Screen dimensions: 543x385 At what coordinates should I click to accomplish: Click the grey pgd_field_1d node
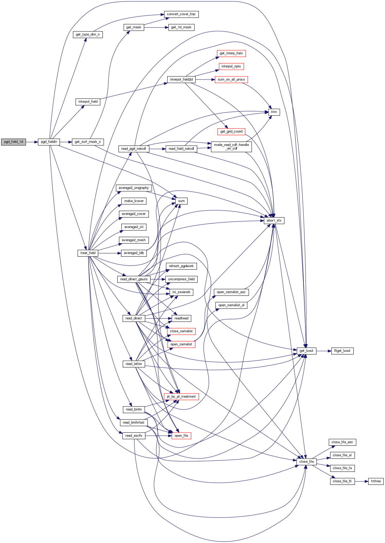[13, 142]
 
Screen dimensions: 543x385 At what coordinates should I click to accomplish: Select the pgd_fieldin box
[49, 142]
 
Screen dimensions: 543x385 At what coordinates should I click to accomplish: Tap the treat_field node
[88, 253]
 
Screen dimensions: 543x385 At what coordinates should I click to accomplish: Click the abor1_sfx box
[274, 221]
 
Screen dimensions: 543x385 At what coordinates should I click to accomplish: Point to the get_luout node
[306, 351]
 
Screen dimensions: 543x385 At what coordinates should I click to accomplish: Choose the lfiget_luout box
[342, 351]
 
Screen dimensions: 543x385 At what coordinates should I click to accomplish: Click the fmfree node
[376, 481]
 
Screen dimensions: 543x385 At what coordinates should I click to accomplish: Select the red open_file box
[181, 436]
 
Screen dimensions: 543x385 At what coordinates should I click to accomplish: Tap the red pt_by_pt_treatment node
[181, 397]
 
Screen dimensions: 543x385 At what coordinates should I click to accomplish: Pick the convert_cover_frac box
[181, 14]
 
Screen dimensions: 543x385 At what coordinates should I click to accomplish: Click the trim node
[274, 112]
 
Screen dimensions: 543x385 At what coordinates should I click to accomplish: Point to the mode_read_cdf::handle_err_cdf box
[231, 147]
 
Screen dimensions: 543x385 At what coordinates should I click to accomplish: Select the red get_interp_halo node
[231, 53]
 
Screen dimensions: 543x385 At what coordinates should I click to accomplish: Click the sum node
[181, 201]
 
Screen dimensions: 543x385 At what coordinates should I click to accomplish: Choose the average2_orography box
[134, 188]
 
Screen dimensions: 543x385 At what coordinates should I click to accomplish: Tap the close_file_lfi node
[342, 481]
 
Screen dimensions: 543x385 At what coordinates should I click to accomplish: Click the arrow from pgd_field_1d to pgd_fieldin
[32, 142]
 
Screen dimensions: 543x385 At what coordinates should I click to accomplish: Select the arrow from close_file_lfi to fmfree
[361, 481]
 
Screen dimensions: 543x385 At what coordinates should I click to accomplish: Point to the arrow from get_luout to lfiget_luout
[324, 351]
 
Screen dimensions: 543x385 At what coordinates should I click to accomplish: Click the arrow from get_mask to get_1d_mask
[156, 27]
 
